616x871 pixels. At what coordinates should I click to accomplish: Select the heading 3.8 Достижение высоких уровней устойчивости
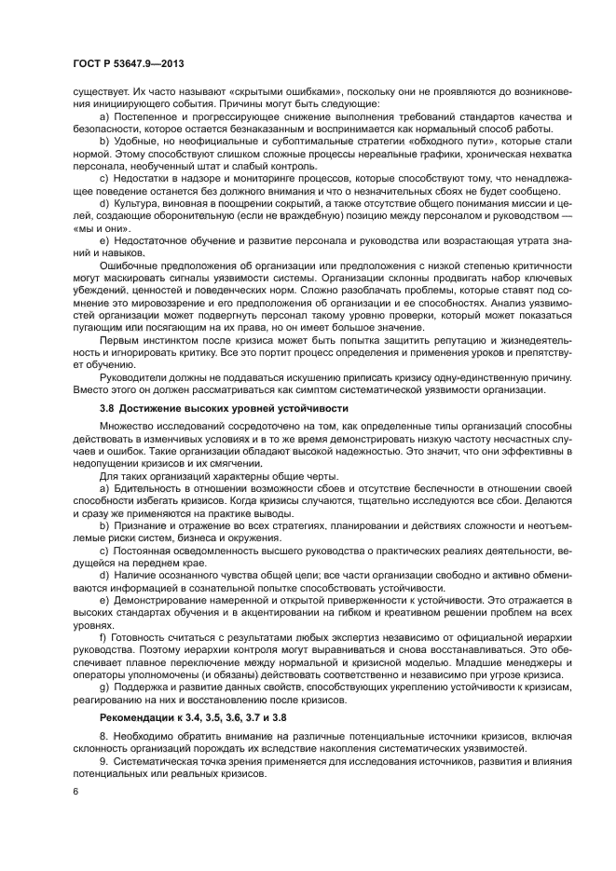(x=224, y=409)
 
